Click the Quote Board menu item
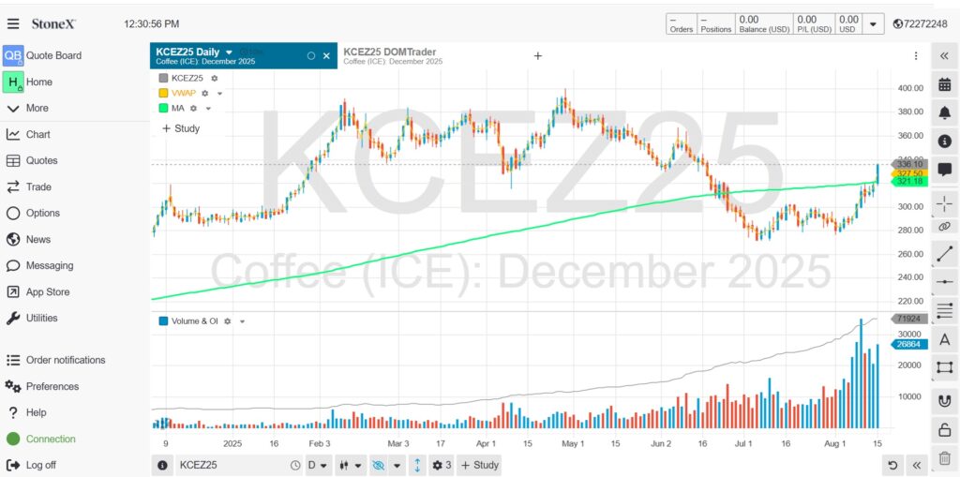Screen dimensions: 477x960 [53, 55]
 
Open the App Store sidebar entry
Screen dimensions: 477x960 [47, 291]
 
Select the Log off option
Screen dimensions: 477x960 [40, 465]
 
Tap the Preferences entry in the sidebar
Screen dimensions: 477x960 [52, 386]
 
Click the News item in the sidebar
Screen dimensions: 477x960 [37, 239]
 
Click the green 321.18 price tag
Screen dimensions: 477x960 [910, 181]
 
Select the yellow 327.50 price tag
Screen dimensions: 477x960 [910, 172]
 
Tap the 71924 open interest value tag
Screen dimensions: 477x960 [910, 319]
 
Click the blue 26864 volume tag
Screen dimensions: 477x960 [910, 344]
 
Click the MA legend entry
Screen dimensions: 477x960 [178, 108]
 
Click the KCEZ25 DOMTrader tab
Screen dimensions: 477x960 [390, 52]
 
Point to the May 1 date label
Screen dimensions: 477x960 [573, 443]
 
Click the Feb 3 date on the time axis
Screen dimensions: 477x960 [320, 443]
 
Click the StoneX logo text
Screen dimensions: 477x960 [53, 23]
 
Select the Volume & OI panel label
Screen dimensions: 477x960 [195, 320]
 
